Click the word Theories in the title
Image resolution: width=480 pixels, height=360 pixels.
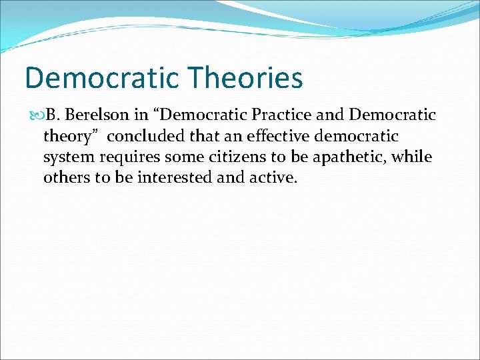coord(245,77)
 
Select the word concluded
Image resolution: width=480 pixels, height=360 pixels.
coord(138,137)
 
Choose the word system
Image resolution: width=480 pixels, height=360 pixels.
coord(66,158)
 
